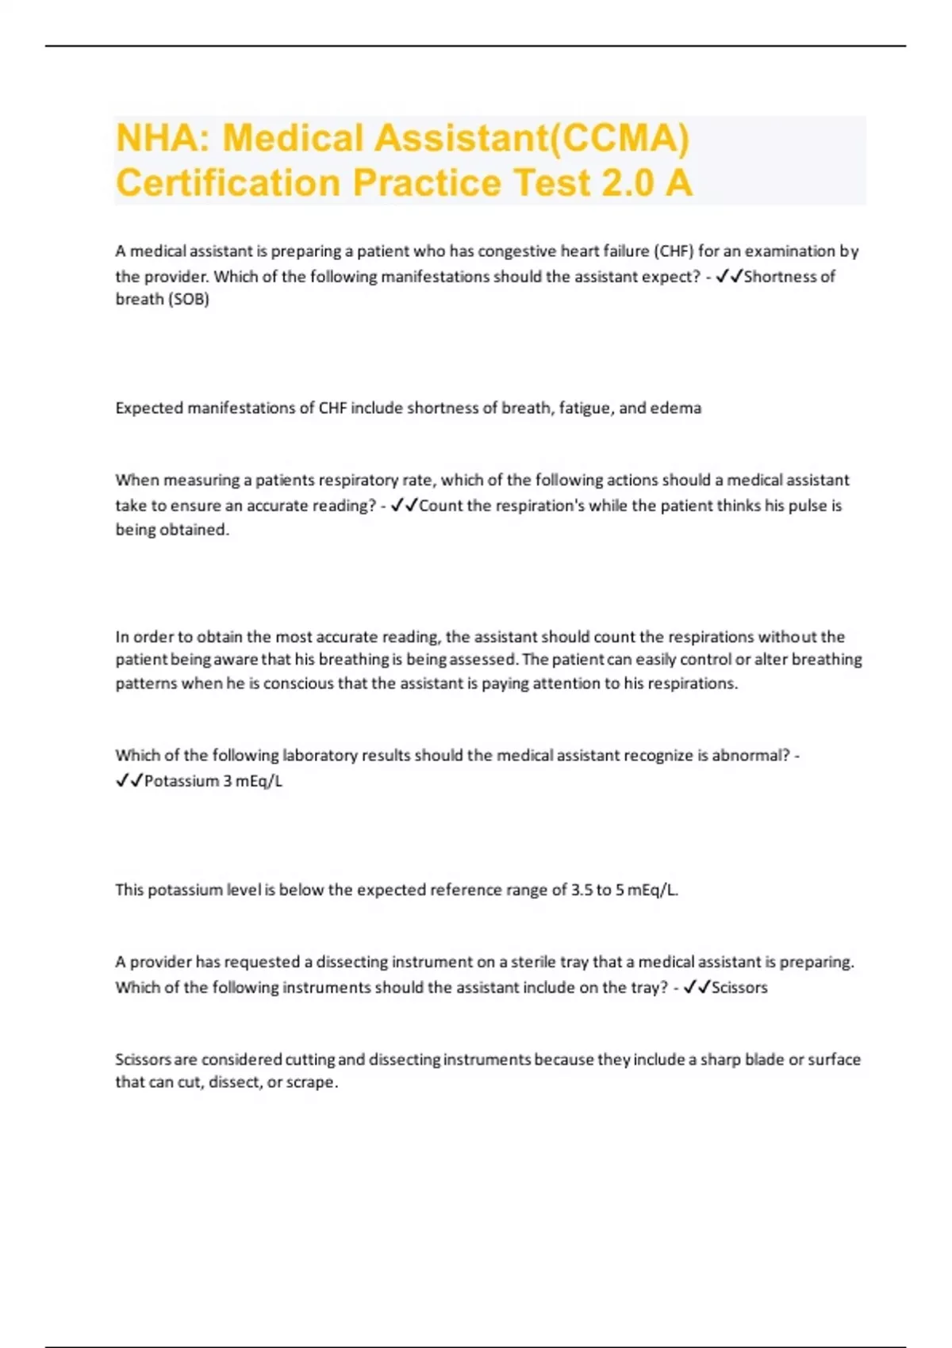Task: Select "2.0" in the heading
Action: coord(628,183)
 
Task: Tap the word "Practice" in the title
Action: coord(426,183)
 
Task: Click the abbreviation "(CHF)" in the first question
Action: coord(673,251)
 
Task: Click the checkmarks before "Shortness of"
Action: coord(728,277)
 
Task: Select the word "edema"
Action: coord(675,408)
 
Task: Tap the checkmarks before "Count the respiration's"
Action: coord(404,506)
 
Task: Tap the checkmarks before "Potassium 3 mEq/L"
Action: coord(129,781)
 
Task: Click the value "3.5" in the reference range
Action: coord(582,890)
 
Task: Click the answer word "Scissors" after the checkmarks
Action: coord(739,988)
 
